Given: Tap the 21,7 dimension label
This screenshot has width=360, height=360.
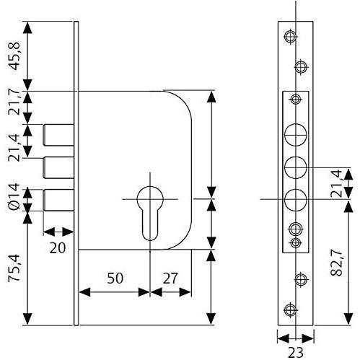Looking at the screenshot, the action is (14, 104).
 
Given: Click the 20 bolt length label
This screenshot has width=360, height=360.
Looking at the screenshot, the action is (58, 247).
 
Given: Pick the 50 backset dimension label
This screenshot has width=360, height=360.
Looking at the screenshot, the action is (115, 278).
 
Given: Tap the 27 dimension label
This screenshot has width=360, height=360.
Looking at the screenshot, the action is (170, 278).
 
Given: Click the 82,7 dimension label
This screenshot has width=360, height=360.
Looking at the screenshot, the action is (336, 263).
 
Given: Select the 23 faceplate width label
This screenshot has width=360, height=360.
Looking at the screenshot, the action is (296, 353).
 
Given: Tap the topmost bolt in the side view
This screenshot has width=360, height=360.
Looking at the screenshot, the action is (58, 135).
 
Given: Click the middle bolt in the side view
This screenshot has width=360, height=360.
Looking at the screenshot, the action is (58, 167).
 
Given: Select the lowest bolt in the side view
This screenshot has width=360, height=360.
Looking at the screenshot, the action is (58, 200).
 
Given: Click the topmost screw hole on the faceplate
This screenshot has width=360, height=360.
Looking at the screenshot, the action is (290, 37).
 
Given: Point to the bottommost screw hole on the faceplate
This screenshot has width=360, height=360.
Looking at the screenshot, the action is (290, 309).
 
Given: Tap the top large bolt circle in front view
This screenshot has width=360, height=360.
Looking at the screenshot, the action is (296, 135).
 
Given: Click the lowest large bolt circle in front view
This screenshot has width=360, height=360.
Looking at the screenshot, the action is (296, 200).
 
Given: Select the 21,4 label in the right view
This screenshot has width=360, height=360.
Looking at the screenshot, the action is (336, 183).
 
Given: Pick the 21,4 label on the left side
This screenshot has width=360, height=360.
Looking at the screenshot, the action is (14, 147).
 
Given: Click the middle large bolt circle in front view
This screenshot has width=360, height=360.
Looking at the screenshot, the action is (296, 167).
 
